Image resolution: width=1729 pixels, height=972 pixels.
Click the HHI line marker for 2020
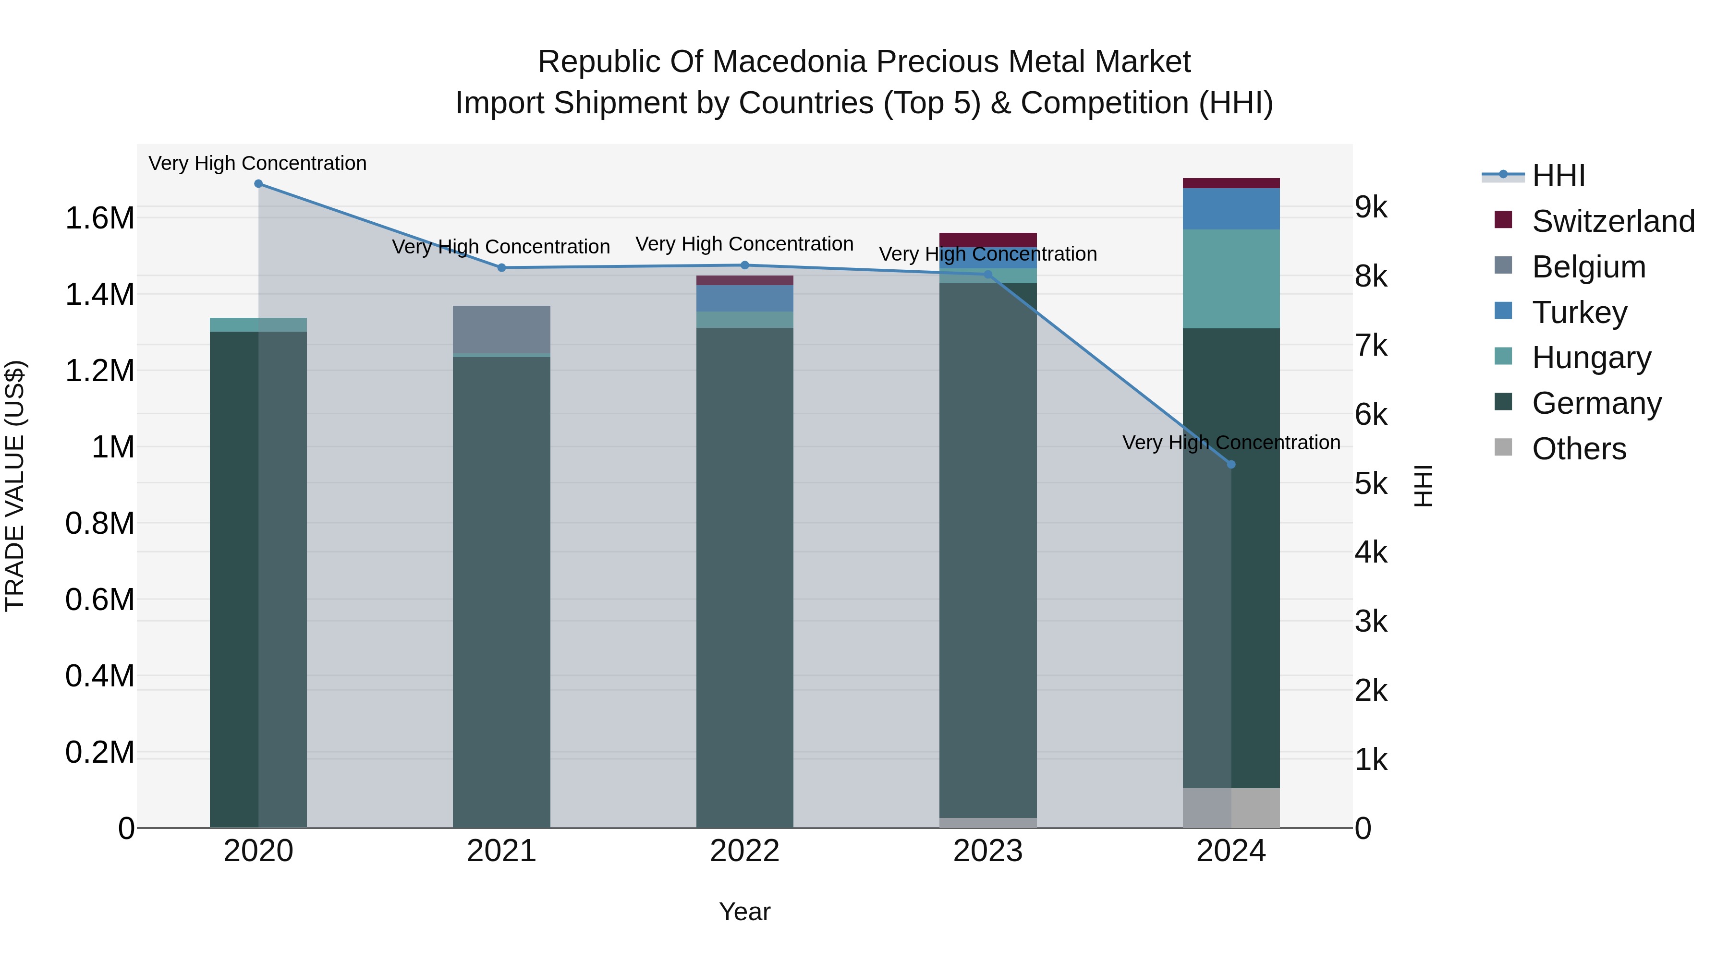pyautogui.click(x=258, y=184)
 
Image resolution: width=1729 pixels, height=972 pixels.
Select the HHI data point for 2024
pyautogui.click(x=1230, y=464)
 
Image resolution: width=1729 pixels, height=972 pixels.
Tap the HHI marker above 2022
pyautogui.click(x=744, y=265)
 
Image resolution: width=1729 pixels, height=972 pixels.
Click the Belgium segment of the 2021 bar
pyautogui.click(x=501, y=329)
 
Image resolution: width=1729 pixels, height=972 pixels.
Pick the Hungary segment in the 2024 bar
pyautogui.click(x=1230, y=278)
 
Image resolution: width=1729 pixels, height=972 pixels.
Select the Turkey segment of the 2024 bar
pyautogui.click(x=1230, y=209)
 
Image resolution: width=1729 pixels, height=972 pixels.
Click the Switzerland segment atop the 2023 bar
pyautogui.click(x=987, y=240)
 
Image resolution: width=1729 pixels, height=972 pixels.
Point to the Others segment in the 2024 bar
pyautogui.click(x=1230, y=808)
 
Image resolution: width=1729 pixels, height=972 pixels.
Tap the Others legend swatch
pyautogui.click(x=1503, y=447)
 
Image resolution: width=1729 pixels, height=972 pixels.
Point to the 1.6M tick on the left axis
pyautogui.click(x=99, y=219)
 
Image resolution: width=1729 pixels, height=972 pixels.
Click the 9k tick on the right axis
pyautogui.click(x=1371, y=207)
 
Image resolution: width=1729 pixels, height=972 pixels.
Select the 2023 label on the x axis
pyautogui.click(x=987, y=851)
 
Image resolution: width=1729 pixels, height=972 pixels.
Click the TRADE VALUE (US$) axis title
pyautogui.click(x=15, y=486)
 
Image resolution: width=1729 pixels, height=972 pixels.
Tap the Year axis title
pyautogui.click(x=744, y=912)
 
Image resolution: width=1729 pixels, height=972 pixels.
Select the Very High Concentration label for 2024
pyautogui.click(x=1230, y=443)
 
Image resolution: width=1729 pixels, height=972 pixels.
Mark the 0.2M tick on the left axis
pyautogui.click(x=99, y=753)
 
